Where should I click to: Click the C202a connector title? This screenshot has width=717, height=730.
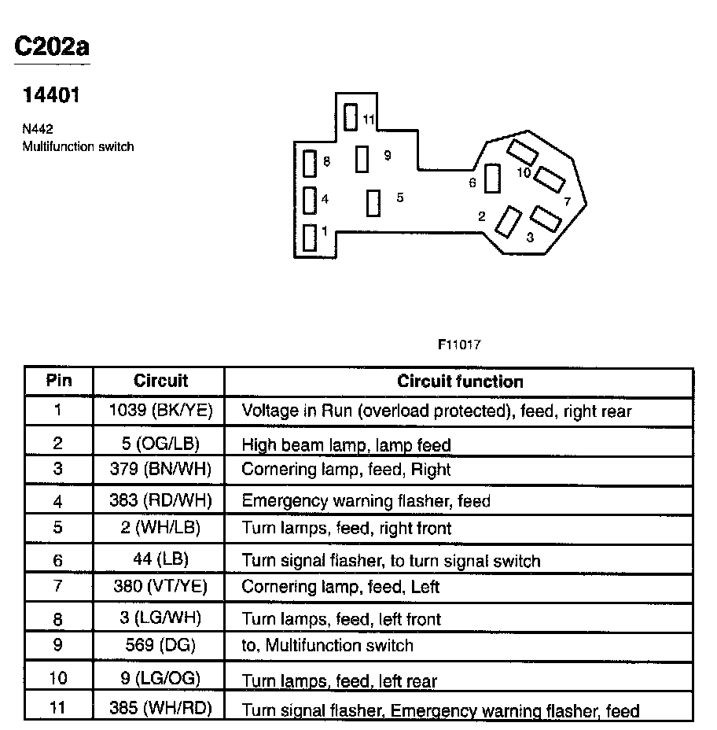coord(52,46)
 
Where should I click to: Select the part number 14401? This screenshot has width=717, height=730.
coord(51,97)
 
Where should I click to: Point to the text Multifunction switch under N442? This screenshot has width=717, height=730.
coord(78,146)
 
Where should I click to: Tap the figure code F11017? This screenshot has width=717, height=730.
coord(459,345)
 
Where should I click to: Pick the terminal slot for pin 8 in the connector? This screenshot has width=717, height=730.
coord(310,164)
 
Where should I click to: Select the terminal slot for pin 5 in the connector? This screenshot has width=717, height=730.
coord(373,202)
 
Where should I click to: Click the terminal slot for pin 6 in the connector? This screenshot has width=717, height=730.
coord(492,179)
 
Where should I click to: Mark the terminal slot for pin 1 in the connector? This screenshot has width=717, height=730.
coord(310,238)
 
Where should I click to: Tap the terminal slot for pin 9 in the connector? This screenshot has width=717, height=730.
coord(362,159)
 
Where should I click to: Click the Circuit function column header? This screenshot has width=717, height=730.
coord(460,382)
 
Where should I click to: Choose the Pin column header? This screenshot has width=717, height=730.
coord(58,382)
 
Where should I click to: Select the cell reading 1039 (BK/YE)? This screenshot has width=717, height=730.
coord(160,411)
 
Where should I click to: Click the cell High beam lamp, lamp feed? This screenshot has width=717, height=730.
coord(346,445)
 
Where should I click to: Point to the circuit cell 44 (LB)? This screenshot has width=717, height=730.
coord(160,560)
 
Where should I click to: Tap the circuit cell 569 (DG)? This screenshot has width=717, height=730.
coord(160,645)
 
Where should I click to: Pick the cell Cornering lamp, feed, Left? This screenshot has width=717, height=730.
coord(340,587)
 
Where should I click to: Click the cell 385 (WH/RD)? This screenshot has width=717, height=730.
coord(160,707)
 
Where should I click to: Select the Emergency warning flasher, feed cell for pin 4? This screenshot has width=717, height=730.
coord(366,500)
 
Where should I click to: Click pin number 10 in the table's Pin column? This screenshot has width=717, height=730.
coord(58,678)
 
